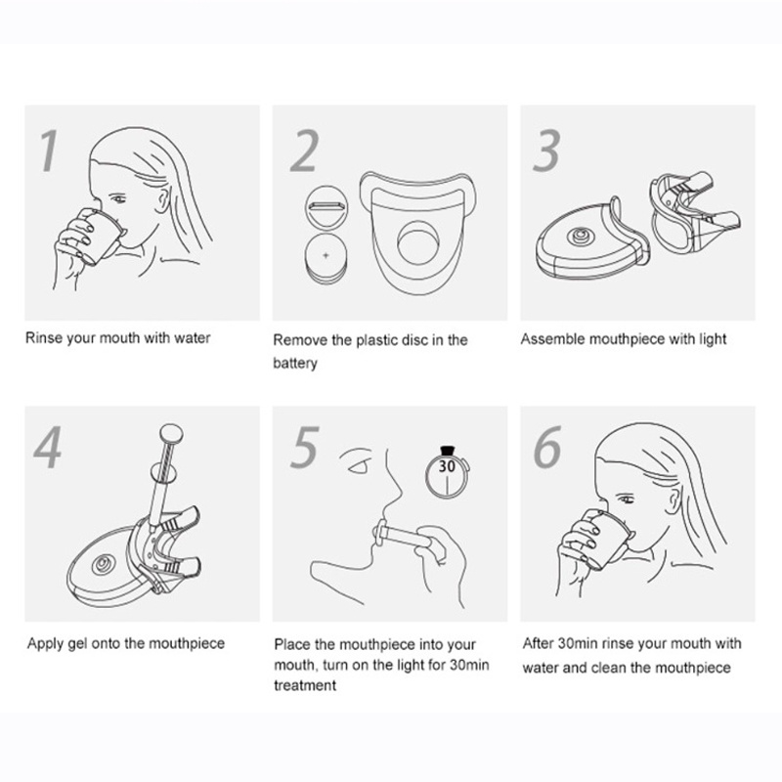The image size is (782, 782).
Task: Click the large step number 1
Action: [49, 151]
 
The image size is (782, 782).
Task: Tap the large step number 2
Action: [304, 151]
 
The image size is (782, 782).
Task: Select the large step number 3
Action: [546, 151]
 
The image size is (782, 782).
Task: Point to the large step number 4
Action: [48, 447]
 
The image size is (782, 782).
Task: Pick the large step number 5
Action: [304, 447]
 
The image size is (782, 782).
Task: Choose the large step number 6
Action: [547, 447]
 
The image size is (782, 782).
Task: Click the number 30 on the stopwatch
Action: [447, 466]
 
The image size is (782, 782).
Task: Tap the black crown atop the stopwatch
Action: [448, 451]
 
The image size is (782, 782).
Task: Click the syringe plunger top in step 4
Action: [171, 433]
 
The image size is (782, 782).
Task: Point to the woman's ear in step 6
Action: [673, 499]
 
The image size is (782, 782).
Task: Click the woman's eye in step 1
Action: [118, 199]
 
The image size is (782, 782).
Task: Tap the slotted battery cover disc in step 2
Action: [326, 206]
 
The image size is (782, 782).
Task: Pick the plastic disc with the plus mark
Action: [326, 258]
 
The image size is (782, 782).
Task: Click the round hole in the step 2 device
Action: [418, 242]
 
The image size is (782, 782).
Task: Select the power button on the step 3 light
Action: [581, 235]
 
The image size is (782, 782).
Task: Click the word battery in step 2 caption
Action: [295, 363]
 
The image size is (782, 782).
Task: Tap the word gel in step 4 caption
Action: [77, 644]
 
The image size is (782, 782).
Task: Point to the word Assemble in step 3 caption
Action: [552, 339]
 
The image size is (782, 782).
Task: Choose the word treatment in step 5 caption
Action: [305, 685]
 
